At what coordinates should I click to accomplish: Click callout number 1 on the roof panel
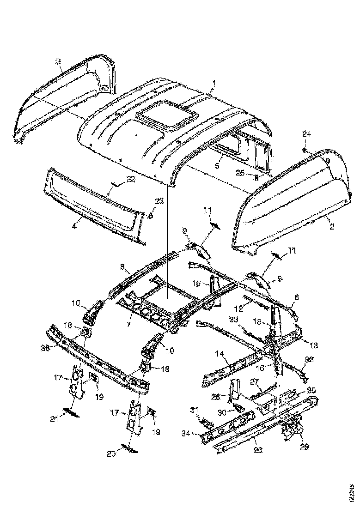pos(214,83)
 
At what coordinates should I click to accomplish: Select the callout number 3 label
pos(59,61)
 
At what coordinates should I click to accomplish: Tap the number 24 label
pos(306,134)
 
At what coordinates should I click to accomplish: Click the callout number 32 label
pos(309,359)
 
